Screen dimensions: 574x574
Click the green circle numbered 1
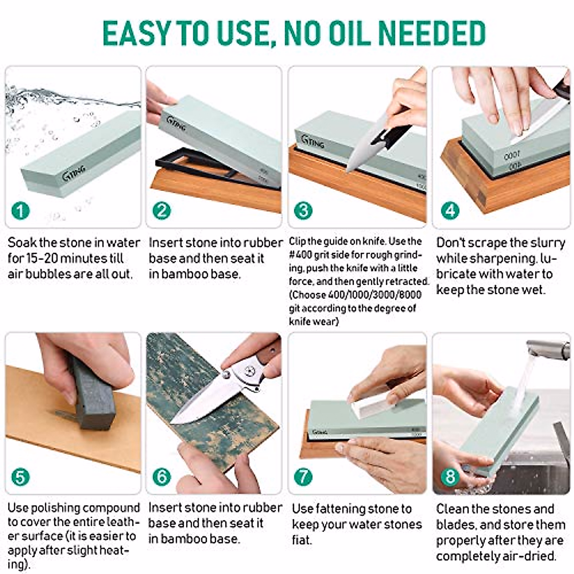coord(21,211)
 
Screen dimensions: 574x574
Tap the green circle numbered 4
coord(450,211)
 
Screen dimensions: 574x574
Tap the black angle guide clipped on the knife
coord(391,135)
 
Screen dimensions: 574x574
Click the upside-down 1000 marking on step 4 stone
coord(512,155)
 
